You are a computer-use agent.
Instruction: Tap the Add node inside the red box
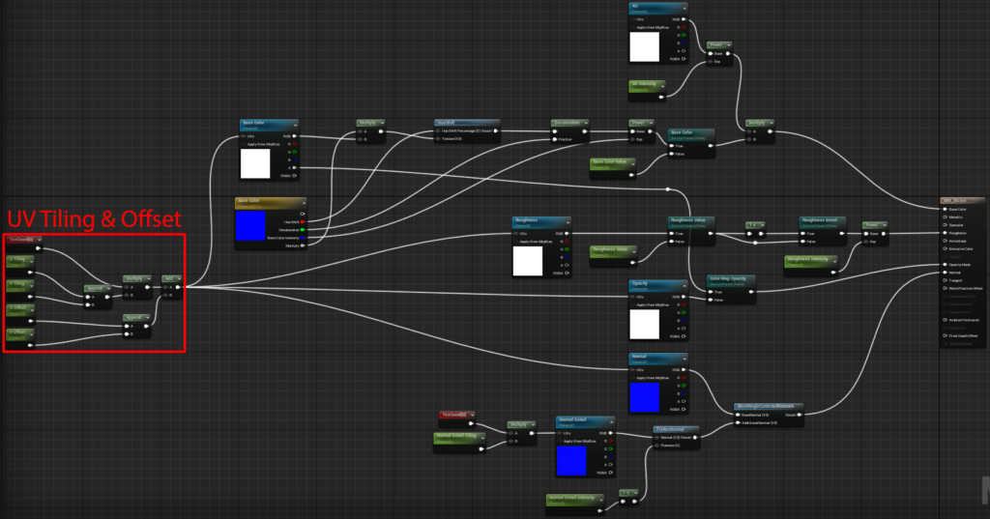coord(171,277)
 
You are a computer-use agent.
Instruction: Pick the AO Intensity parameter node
coord(646,85)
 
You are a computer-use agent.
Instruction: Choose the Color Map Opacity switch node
coord(731,278)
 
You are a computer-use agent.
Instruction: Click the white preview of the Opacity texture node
coord(644,324)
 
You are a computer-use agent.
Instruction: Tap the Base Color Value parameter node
coord(611,162)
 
